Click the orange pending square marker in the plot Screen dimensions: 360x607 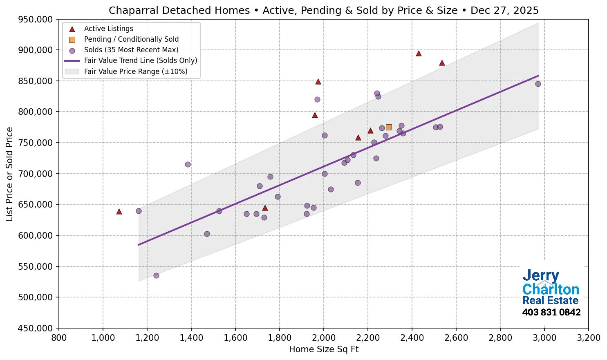point(389,127)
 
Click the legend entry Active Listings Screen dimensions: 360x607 point(108,29)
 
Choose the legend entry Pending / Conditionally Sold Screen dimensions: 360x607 point(131,39)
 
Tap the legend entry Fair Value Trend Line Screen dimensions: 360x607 point(140,60)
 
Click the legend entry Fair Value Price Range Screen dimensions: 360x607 point(135,72)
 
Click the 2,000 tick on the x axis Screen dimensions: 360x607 point(324,338)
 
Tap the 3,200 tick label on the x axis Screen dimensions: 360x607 point(588,338)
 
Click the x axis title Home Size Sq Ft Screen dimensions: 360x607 point(324,349)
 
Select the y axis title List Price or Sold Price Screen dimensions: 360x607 point(10,174)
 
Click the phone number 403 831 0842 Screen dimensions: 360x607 point(551,313)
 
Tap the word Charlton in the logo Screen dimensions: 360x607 point(551,289)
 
